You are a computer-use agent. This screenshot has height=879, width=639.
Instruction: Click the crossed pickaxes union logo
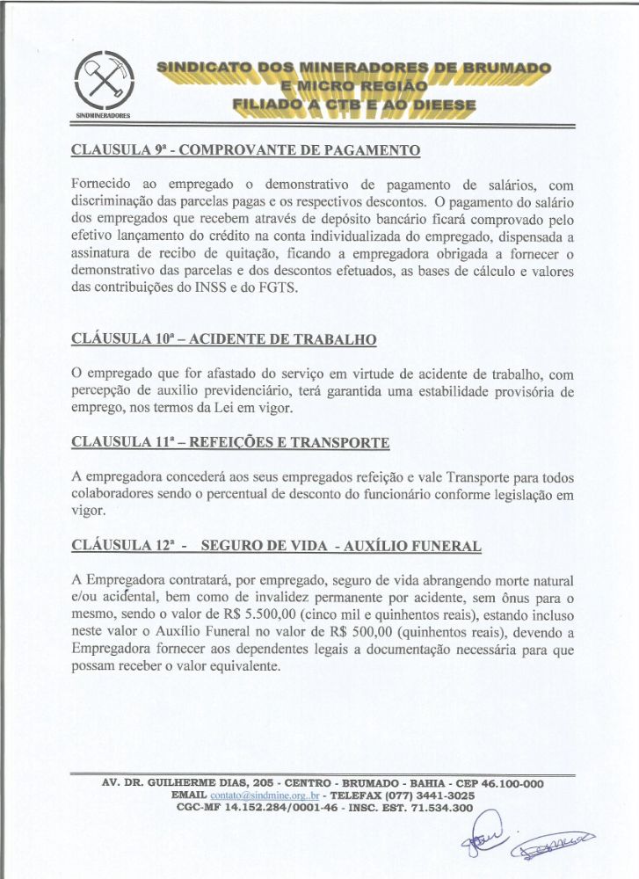pyautogui.click(x=104, y=81)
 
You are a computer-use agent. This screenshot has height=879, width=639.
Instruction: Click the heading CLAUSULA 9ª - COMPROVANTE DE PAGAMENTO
pyautogui.click(x=245, y=150)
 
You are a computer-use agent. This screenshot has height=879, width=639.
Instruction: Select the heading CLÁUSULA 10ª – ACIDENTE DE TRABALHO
pyautogui.click(x=223, y=339)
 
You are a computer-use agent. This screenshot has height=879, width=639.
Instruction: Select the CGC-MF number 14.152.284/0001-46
pyautogui.click(x=285, y=807)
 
